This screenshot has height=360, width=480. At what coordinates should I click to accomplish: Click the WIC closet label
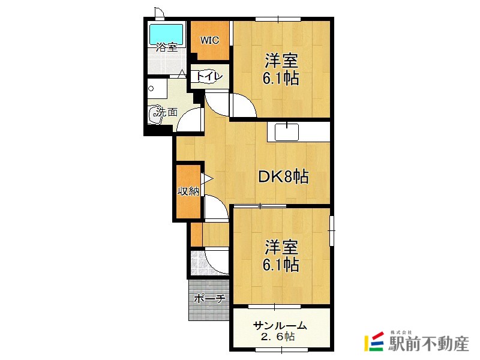(209, 41)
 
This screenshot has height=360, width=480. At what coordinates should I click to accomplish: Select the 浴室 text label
(166, 47)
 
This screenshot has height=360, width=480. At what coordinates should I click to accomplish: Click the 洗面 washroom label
(167, 112)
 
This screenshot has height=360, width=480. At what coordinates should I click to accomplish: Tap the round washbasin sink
(157, 113)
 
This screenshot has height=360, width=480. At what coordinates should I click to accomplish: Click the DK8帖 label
(283, 176)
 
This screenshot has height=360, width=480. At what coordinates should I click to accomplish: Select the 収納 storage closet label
(188, 191)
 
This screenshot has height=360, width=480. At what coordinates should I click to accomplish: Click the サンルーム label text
(280, 326)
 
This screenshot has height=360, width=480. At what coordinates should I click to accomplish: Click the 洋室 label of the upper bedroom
(281, 61)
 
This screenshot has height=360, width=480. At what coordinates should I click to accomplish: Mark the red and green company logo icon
(374, 342)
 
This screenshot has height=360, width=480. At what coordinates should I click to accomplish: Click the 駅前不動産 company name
(428, 344)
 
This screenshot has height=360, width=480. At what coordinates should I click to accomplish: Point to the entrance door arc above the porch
(216, 262)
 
